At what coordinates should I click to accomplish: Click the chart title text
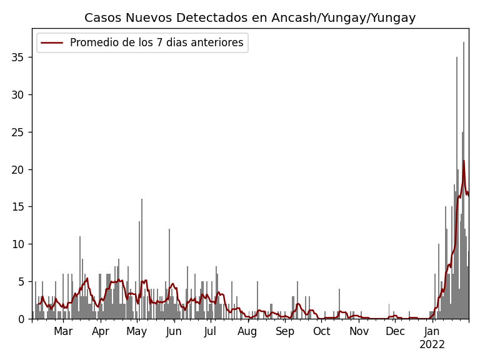250,18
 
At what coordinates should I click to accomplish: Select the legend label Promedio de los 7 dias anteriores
156,42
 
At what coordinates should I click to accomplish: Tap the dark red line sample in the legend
53,42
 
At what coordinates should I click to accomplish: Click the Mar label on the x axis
63,331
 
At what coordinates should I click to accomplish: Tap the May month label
136,331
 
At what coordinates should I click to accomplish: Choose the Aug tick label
247,331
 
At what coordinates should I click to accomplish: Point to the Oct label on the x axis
321,331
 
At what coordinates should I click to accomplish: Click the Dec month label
395,331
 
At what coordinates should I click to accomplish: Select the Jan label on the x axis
432,331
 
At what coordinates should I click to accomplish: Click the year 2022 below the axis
432,344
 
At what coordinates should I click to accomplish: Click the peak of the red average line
464,161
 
